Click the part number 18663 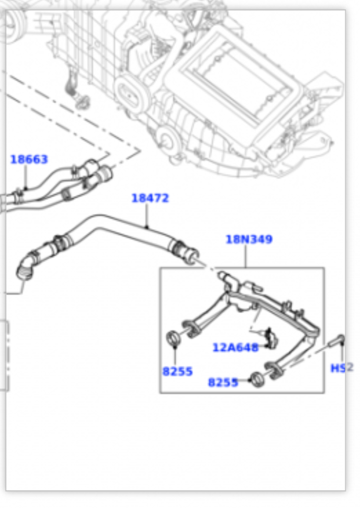29,159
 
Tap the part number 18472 150,198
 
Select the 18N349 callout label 249,240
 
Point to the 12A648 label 235,347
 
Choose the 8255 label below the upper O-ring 177,372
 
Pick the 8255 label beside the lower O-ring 223,382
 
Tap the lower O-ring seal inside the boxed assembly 256,378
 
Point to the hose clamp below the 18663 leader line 20,192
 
